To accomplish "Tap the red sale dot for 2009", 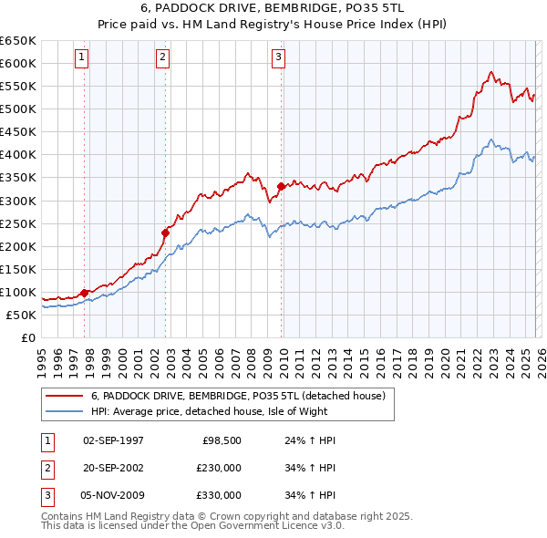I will point(281,186).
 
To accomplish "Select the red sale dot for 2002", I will point(166,232).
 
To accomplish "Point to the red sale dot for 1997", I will point(85,293).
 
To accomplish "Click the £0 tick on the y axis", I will point(28,337).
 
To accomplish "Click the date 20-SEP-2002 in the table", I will point(113,468).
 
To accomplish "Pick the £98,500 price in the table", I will point(222,440).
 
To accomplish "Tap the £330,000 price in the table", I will point(219,495).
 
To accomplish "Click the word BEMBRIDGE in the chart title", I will point(307,9).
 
